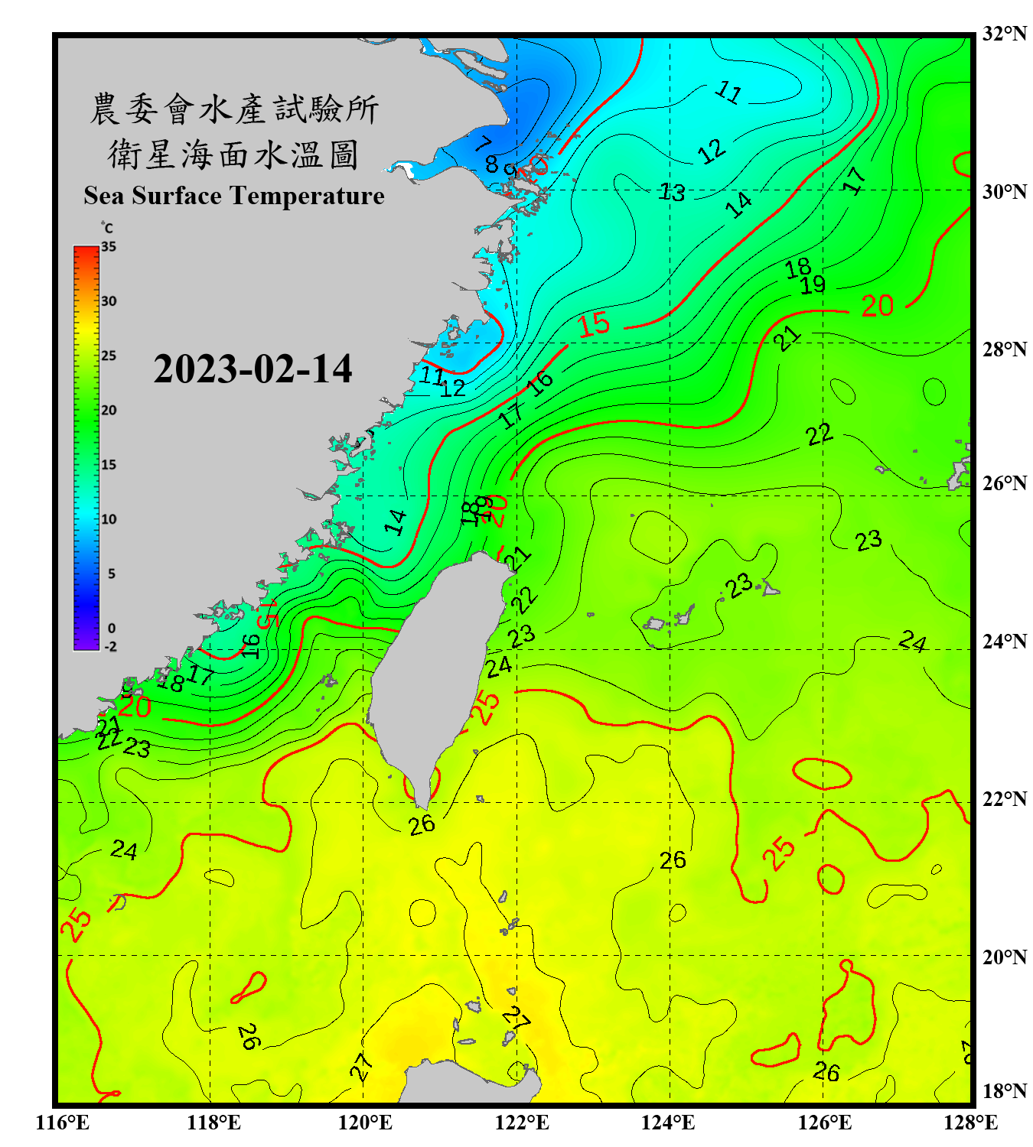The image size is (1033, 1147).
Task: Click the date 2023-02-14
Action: coord(253,369)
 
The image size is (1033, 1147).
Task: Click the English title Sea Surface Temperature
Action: coord(234,196)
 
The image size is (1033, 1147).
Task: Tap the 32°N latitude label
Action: coord(1004,34)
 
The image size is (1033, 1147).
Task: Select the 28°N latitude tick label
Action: coord(1004,349)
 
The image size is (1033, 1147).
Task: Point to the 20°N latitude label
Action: coord(1004,957)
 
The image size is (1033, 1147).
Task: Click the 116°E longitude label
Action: coord(63,1123)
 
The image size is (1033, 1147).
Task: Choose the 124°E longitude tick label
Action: coord(668,1123)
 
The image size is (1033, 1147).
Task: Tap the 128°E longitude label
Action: coord(970,1123)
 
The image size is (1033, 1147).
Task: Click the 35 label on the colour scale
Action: coord(109,247)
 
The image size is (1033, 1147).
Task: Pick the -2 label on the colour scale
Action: coord(110,647)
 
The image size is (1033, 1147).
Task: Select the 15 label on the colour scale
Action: coord(109,465)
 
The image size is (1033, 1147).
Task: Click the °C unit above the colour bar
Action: coord(107,228)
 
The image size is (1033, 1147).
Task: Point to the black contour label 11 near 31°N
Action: coord(728,93)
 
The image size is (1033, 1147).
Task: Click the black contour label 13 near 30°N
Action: coord(673,192)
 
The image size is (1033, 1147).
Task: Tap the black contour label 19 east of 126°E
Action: coord(813,285)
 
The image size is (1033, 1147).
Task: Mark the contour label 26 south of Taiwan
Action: coord(422,825)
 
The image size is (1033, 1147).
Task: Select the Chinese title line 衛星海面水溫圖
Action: coord(233,154)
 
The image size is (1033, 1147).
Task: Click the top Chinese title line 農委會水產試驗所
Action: coord(233,109)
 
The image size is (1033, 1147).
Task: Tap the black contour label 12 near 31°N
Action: coord(712,151)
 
